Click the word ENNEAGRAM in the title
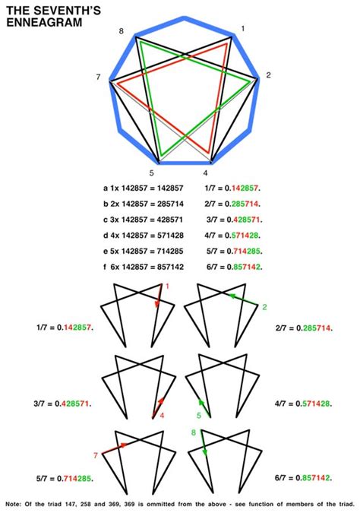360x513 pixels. coord(44,22)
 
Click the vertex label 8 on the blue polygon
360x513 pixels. coord(122,31)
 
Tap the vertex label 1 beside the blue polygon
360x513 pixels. coord(242,29)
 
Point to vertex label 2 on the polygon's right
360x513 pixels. coord(268,75)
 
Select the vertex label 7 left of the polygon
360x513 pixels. coord(98,78)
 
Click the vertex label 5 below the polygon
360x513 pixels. coord(151,173)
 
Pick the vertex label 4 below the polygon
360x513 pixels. coord(205,173)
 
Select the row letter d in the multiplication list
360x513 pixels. coord(106,236)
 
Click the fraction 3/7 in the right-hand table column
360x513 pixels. coord(212,220)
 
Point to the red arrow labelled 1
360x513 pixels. coord(159,296)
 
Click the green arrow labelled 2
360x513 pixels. coord(244,299)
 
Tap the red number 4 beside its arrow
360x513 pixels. coord(162,416)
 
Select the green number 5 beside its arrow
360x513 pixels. coord(199,416)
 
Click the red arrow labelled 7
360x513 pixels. coord(115,448)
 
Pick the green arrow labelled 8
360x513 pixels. coord(204,443)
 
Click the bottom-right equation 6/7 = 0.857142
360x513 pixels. coord(303,478)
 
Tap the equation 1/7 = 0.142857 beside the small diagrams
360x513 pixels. coord(65,328)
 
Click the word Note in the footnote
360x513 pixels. coord(13,504)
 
